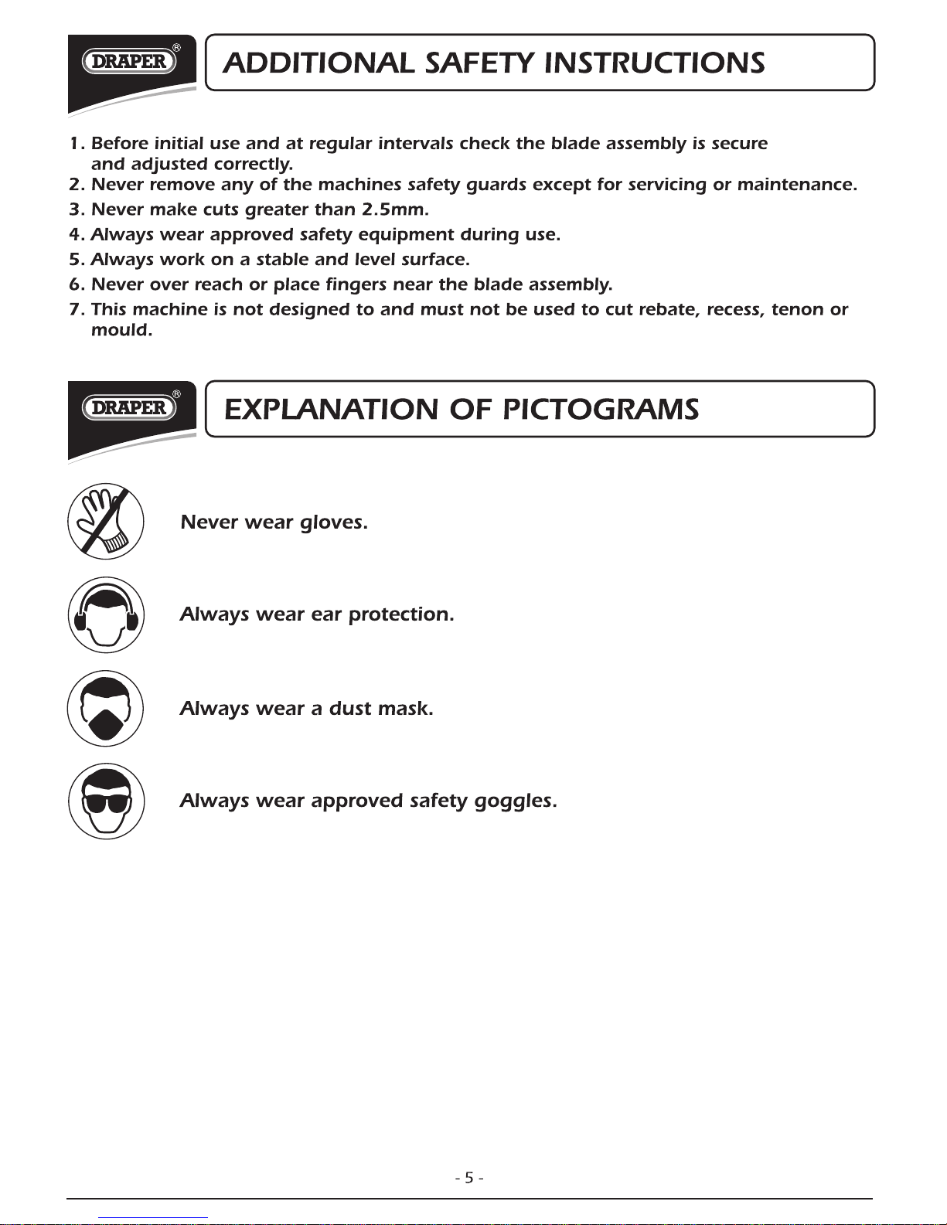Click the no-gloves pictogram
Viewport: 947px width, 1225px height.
point(106,522)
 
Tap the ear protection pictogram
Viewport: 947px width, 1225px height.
point(106,615)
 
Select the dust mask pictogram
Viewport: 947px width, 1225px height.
point(106,708)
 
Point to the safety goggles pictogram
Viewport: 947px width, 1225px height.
point(106,801)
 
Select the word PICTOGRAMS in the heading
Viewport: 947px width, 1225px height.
point(601,409)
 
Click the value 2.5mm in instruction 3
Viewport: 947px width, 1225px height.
point(394,209)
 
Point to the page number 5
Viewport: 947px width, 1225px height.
point(469,1178)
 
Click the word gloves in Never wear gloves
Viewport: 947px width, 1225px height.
point(333,522)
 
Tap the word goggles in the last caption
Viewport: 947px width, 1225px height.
point(515,801)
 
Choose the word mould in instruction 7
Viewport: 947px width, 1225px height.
point(121,330)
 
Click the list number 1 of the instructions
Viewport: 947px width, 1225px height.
point(76,144)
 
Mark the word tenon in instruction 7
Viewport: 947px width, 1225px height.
point(797,310)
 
